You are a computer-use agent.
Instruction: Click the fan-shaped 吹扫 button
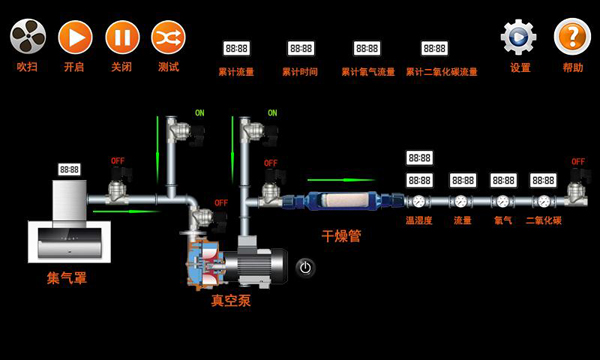(28, 38)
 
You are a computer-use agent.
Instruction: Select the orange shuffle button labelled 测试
(168, 38)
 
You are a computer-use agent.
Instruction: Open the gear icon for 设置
(519, 38)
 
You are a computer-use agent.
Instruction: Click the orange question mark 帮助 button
(572, 38)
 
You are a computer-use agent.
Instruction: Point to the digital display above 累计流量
(237, 48)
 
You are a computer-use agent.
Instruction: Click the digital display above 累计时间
(300, 48)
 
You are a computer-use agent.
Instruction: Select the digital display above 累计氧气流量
(366, 48)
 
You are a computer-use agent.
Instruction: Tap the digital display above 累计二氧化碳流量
(434, 48)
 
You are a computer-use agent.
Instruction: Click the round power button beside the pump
(306, 267)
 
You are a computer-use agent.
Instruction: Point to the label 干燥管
(340, 237)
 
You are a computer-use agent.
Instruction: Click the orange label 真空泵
(230, 299)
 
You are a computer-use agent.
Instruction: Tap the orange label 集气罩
(67, 277)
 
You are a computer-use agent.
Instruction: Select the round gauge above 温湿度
(419, 201)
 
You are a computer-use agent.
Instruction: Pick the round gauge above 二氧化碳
(543, 201)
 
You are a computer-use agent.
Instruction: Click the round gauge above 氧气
(502, 201)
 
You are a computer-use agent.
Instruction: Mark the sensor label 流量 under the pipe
(461, 220)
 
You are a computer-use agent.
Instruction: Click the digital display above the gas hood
(70, 170)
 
